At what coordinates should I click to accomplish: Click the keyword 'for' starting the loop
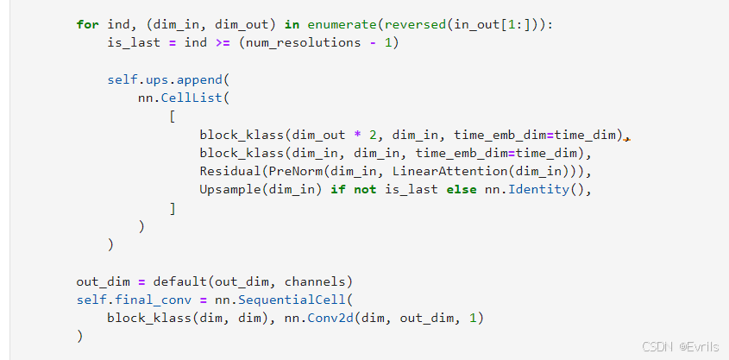click(x=87, y=25)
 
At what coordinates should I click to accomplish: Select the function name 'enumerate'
click(x=343, y=25)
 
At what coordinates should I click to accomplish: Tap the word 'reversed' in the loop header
click(x=415, y=25)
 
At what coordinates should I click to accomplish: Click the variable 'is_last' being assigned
click(x=134, y=43)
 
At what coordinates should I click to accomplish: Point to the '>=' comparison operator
click(x=223, y=43)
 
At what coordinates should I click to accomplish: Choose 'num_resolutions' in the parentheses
click(x=303, y=43)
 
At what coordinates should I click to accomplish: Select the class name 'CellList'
click(x=192, y=98)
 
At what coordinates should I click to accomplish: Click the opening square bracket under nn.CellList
click(x=173, y=117)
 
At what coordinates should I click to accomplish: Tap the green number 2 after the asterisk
click(x=373, y=136)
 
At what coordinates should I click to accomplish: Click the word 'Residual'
click(x=230, y=172)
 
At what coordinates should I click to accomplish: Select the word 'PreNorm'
click(x=296, y=172)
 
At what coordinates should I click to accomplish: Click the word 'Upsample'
click(x=230, y=190)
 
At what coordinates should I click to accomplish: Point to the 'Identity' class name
click(x=538, y=190)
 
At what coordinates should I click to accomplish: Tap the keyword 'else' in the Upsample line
click(x=462, y=190)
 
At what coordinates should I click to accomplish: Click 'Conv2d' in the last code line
click(x=330, y=319)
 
